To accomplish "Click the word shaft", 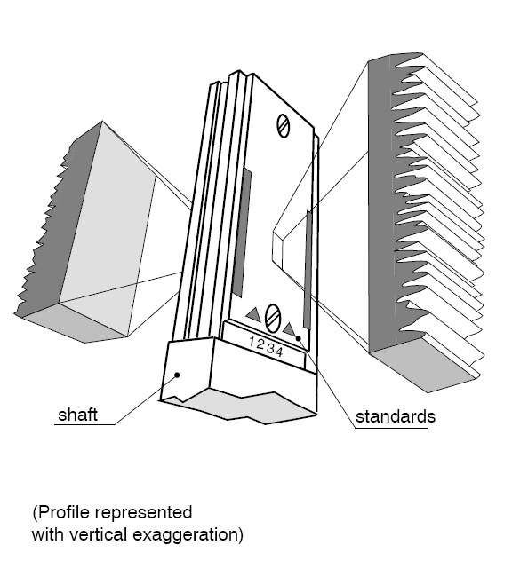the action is coord(77,415).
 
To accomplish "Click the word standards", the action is coord(396,416).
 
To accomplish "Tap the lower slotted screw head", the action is coord(273,319).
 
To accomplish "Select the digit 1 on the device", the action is coord(253,342).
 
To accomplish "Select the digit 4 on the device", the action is coord(279,351).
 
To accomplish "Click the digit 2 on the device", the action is coord(260,345).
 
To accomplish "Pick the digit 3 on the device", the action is coord(270,348).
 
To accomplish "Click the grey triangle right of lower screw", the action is coord(290,328).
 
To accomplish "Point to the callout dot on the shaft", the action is coord(177,375).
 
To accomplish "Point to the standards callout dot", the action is coord(298,338).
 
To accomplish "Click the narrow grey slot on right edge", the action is coord(307,270).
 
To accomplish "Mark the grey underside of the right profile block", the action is coord(426,371).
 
